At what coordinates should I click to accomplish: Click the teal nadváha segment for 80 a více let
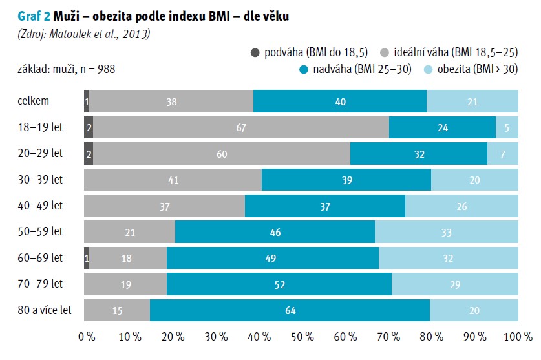point(290,311)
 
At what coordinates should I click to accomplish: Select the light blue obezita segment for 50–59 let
point(447,231)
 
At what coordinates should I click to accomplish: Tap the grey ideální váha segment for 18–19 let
point(241,127)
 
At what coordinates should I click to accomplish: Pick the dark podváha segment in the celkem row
point(87,101)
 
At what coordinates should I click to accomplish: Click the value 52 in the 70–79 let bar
point(279,284)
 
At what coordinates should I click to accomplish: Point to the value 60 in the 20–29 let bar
point(222,154)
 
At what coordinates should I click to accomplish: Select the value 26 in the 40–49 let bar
point(461,206)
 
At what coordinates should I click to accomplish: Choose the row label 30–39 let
point(41,180)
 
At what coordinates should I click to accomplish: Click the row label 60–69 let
point(41,258)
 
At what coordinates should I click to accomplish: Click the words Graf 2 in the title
point(25,16)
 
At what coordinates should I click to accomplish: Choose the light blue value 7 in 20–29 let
point(503,154)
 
